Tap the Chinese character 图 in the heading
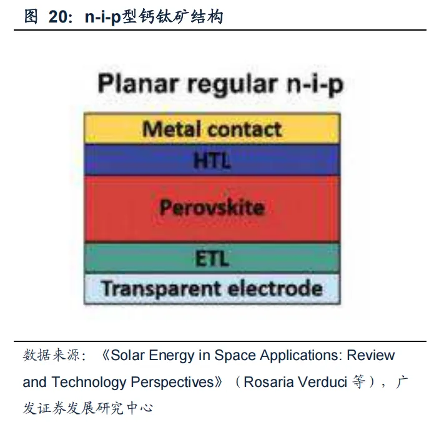tap(31, 16)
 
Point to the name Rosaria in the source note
tap(269, 382)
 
